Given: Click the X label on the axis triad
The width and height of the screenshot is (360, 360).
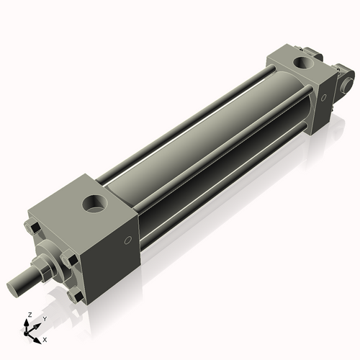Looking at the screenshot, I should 45,338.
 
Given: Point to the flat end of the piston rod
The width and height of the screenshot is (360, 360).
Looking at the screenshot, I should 12,286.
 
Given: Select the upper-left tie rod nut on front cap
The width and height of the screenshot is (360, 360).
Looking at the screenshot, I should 32,228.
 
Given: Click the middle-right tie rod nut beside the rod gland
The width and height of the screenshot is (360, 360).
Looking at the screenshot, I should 68,260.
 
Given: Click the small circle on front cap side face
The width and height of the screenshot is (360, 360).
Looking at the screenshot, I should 128,240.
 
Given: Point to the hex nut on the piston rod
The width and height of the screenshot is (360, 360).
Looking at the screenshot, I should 43,269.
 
